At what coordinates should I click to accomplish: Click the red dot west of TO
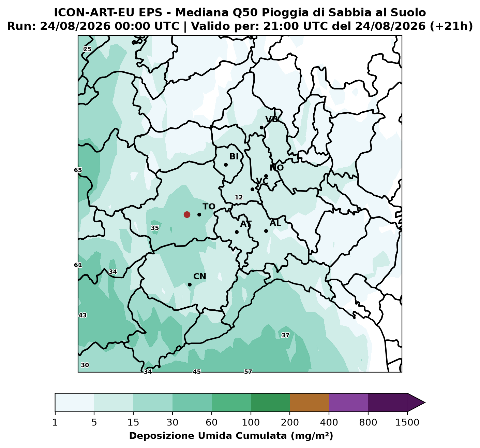click(187, 214)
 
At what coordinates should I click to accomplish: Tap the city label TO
click(209, 207)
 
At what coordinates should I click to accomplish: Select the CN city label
click(200, 277)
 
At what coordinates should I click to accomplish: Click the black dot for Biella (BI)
click(226, 165)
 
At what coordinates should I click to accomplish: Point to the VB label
click(272, 120)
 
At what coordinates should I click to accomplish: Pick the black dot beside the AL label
click(266, 231)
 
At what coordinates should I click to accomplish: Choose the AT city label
click(246, 224)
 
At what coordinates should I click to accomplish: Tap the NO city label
click(277, 168)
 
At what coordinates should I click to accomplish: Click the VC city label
click(262, 181)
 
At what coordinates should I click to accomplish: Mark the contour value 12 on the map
click(239, 197)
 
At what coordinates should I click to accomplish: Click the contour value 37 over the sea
click(285, 335)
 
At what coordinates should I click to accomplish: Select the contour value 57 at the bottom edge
click(248, 372)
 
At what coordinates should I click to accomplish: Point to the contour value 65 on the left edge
click(78, 170)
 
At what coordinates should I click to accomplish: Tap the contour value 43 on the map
click(82, 315)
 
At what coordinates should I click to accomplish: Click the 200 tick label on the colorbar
click(290, 422)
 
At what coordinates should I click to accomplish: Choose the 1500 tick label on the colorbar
click(407, 422)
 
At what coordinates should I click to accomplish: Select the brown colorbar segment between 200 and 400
click(309, 403)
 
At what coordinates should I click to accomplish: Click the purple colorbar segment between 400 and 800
click(348, 403)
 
